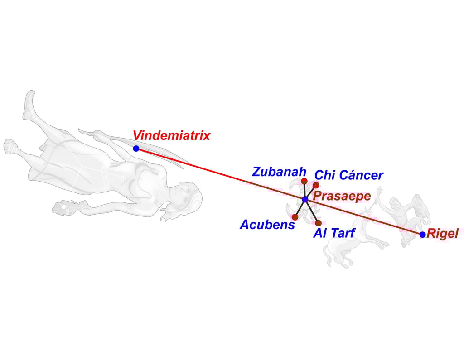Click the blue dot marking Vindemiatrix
(136, 149)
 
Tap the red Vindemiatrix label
(171, 135)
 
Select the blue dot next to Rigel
(422, 235)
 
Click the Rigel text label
(443, 234)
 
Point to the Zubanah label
(279, 172)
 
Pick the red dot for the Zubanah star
(304, 181)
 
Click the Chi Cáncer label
(349, 175)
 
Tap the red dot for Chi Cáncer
(316, 185)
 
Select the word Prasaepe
(342, 197)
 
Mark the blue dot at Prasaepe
(305, 199)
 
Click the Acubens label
(267, 225)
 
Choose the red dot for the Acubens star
(295, 217)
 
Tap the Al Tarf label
(334, 233)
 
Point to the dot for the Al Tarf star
(318, 223)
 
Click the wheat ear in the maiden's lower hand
(63, 208)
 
